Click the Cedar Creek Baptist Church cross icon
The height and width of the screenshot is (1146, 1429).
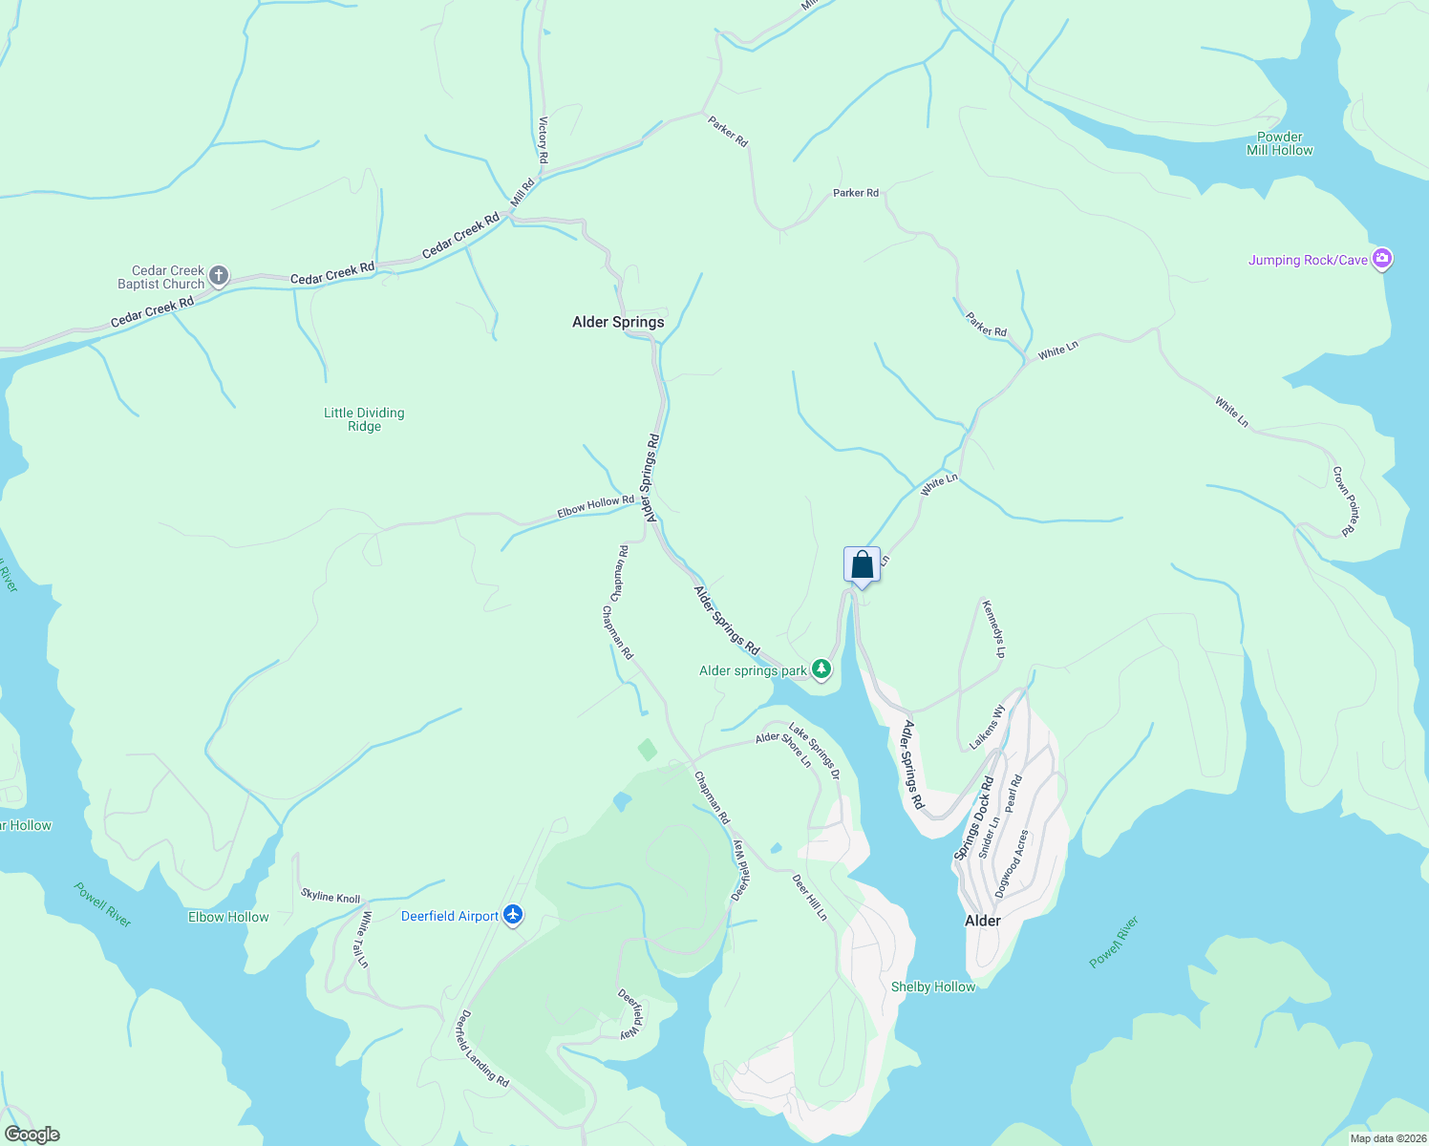click(x=219, y=277)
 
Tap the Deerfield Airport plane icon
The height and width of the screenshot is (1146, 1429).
click(x=514, y=916)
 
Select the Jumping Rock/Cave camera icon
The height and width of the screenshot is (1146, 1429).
click(x=1381, y=259)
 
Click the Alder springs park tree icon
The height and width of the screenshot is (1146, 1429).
click(x=821, y=668)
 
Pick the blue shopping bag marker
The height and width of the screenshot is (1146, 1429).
click(x=862, y=564)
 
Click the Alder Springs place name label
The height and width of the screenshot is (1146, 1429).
click(x=618, y=322)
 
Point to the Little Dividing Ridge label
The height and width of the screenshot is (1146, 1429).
click(x=364, y=419)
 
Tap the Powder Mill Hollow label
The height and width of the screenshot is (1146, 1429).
click(x=1279, y=143)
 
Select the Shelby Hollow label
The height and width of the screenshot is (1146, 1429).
click(x=933, y=987)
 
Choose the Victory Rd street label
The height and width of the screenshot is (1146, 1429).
click(x=543, y=139)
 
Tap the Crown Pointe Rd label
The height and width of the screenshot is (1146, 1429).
click(x=1345, y=500)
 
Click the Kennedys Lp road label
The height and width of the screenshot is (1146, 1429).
click(x=993, y=628)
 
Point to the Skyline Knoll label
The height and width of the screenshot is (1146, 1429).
click(x=331, y=897)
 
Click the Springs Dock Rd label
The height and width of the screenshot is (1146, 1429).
click(x=973, y=817)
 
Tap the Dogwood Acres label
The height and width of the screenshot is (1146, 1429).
click(x=1012, y=863)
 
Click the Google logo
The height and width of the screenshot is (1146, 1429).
click(x=32, y=1135)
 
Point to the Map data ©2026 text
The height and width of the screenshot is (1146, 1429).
click(x=1387, y=1138)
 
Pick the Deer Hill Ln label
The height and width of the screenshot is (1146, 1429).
click(x=810, y=897)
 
